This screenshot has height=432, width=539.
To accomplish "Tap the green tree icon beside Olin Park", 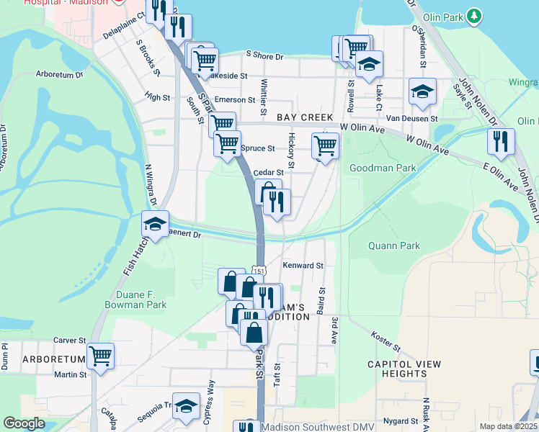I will pyautogui.click(x=473, y=15).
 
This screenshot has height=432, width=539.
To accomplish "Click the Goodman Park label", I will pyautogui.click(x=383, y=168).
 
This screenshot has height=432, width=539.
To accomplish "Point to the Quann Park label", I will pyautogui.click(x=393, y=246).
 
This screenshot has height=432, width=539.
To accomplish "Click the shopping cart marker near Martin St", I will pyautogui.click(x=101, y=356).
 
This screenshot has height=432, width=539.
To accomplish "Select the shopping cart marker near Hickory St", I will pyautogui.click(x=326, y=145).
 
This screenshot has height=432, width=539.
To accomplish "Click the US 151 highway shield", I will pyautogui.click(x=260, y=271).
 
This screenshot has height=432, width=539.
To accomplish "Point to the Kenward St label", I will pyautogui.click(x=303, y=266).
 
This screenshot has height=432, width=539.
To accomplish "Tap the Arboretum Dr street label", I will pyautogui.click(x=60, y=73).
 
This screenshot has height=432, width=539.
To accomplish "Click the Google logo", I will pyautogui.click(x=24, y=423).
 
